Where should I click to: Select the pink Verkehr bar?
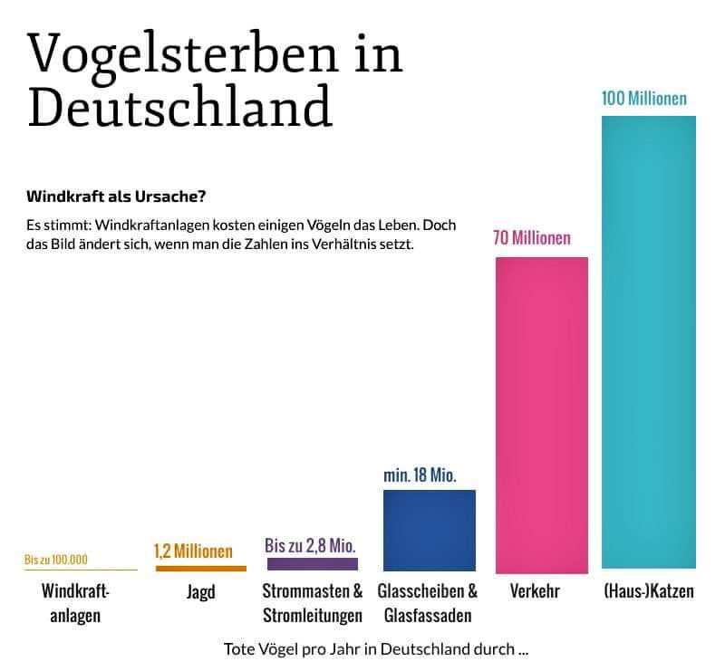click(541, 415)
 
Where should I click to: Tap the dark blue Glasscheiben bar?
click(430, 530)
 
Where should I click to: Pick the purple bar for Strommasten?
click(313, 563)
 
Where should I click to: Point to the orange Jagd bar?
click(200, 568)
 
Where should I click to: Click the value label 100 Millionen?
click(644, 98)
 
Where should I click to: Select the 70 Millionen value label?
click(532, 238)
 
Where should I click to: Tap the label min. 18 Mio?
click(420, 474)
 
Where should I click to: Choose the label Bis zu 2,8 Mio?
click(310, 545)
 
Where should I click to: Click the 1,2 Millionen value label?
click(193, 551)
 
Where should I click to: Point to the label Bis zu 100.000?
click(56, 560)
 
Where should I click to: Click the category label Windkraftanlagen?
click(75, 603)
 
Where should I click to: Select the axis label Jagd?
click(200, 592)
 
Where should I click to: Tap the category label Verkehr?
click(535, 592)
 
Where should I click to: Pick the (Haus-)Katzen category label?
click(648, 592)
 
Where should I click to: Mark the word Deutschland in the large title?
click(179, 108)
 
